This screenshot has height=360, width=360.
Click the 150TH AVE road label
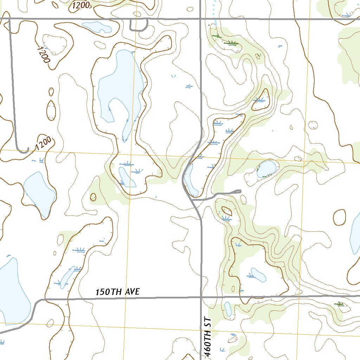(118, 292)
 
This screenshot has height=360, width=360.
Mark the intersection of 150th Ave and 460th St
(201, 297)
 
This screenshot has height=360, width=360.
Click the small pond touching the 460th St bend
(189, 179)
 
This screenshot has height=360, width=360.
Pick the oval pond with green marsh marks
(266, 169)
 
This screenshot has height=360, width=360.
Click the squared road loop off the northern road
(139, 26)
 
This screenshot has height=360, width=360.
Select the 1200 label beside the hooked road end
(43, 143)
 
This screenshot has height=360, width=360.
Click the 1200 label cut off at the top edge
(81, 5)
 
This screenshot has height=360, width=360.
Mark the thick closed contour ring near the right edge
(340, 217)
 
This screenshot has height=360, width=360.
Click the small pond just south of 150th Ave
(228, 309)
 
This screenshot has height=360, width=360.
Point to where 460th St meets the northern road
(200, 18)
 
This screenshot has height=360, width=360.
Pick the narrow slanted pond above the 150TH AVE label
(67, 277)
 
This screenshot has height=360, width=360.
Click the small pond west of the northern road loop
(97, 26)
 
